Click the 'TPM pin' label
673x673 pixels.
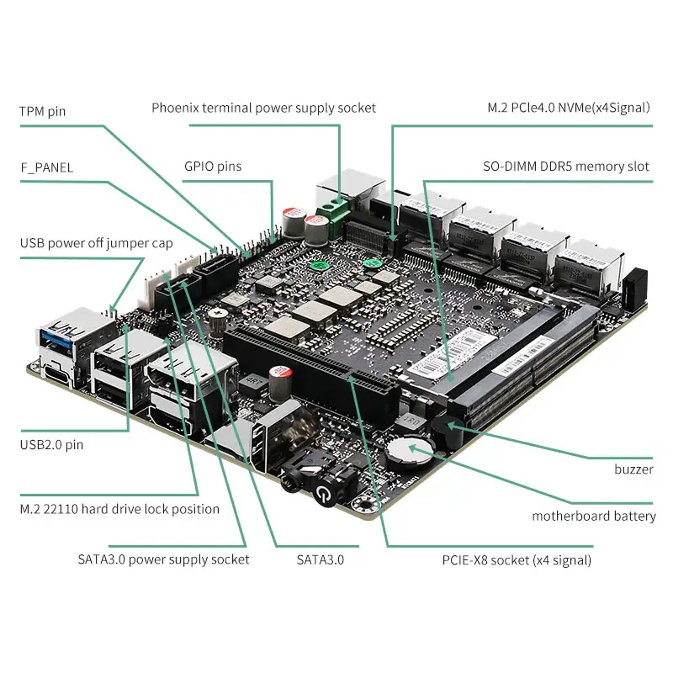42,111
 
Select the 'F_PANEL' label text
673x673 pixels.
47,167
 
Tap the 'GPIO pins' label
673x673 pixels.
213,167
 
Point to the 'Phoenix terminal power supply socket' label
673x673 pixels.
263,108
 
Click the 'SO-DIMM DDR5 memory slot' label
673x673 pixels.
565,166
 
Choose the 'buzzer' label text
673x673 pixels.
633,469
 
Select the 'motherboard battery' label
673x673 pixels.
594,516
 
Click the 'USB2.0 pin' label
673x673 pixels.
51,445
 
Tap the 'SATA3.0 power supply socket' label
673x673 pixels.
163,559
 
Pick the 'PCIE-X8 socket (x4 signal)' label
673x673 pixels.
517,560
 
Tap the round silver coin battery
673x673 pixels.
408,453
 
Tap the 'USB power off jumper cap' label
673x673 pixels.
96,243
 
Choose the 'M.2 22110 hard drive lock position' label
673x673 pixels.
119,509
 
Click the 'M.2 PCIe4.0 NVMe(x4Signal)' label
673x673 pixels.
569,108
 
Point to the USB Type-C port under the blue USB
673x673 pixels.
56,374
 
